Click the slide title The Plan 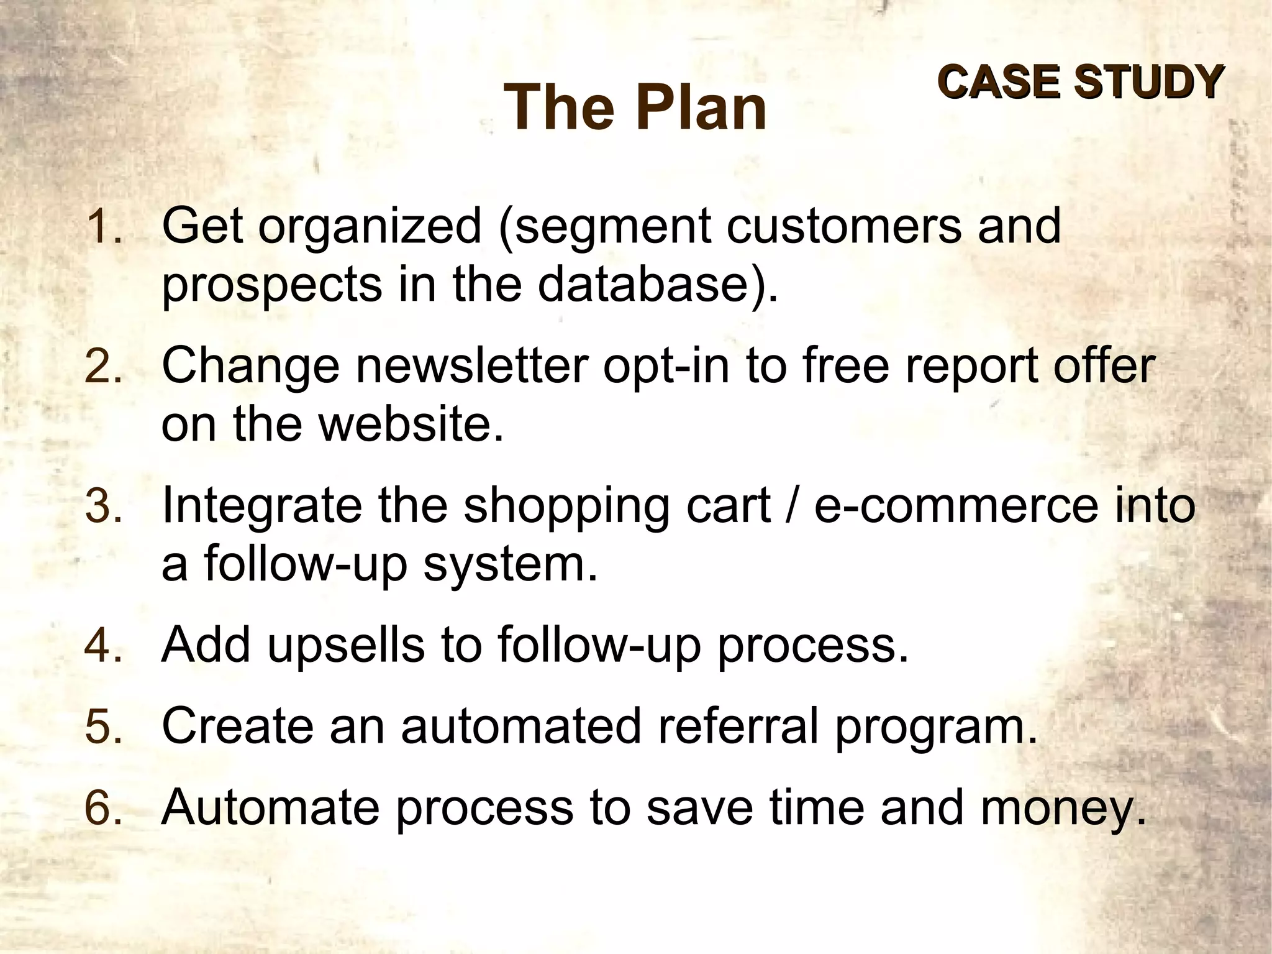(636, 108)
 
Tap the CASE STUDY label (1080, 81)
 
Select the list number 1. (103, 227)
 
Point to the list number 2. (103, 367)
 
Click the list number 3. (103, 507)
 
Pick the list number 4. (103, 646)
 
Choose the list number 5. (103, 727)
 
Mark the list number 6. (103, 809)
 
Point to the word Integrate (261, 507)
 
